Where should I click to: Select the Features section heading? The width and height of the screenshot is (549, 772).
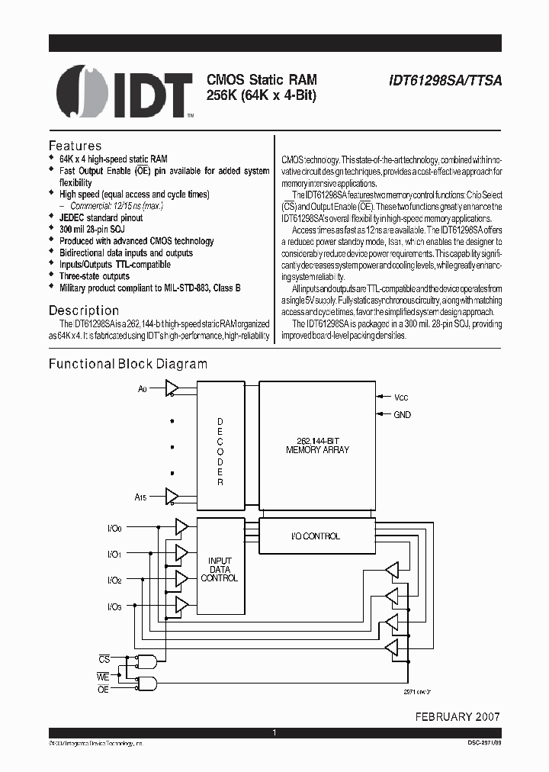tap(75, 146)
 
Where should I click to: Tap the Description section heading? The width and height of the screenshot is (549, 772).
tap(84, 310)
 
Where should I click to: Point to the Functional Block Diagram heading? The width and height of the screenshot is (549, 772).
tap(128, 364)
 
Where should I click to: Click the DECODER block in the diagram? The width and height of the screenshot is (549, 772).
tap(220, 451)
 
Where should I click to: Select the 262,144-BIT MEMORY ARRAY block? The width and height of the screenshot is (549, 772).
tap(317, 445)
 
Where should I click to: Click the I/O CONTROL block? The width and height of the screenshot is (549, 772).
tap(317, 536)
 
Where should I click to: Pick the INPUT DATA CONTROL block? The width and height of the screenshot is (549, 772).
tap(220, 569)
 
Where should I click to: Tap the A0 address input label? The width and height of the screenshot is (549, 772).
tap(143, 389)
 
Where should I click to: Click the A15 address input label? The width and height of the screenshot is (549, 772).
tap(141, 497)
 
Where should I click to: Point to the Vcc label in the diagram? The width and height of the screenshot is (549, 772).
tap(402, 397)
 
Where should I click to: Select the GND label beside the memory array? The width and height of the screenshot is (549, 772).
tap(403, 415)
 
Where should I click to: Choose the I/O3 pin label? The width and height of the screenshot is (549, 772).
tap(114, 606)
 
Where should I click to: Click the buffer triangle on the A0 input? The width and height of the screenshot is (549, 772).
tap(172, 389)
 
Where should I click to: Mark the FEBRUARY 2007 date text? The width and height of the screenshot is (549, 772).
tap(457, 717)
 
